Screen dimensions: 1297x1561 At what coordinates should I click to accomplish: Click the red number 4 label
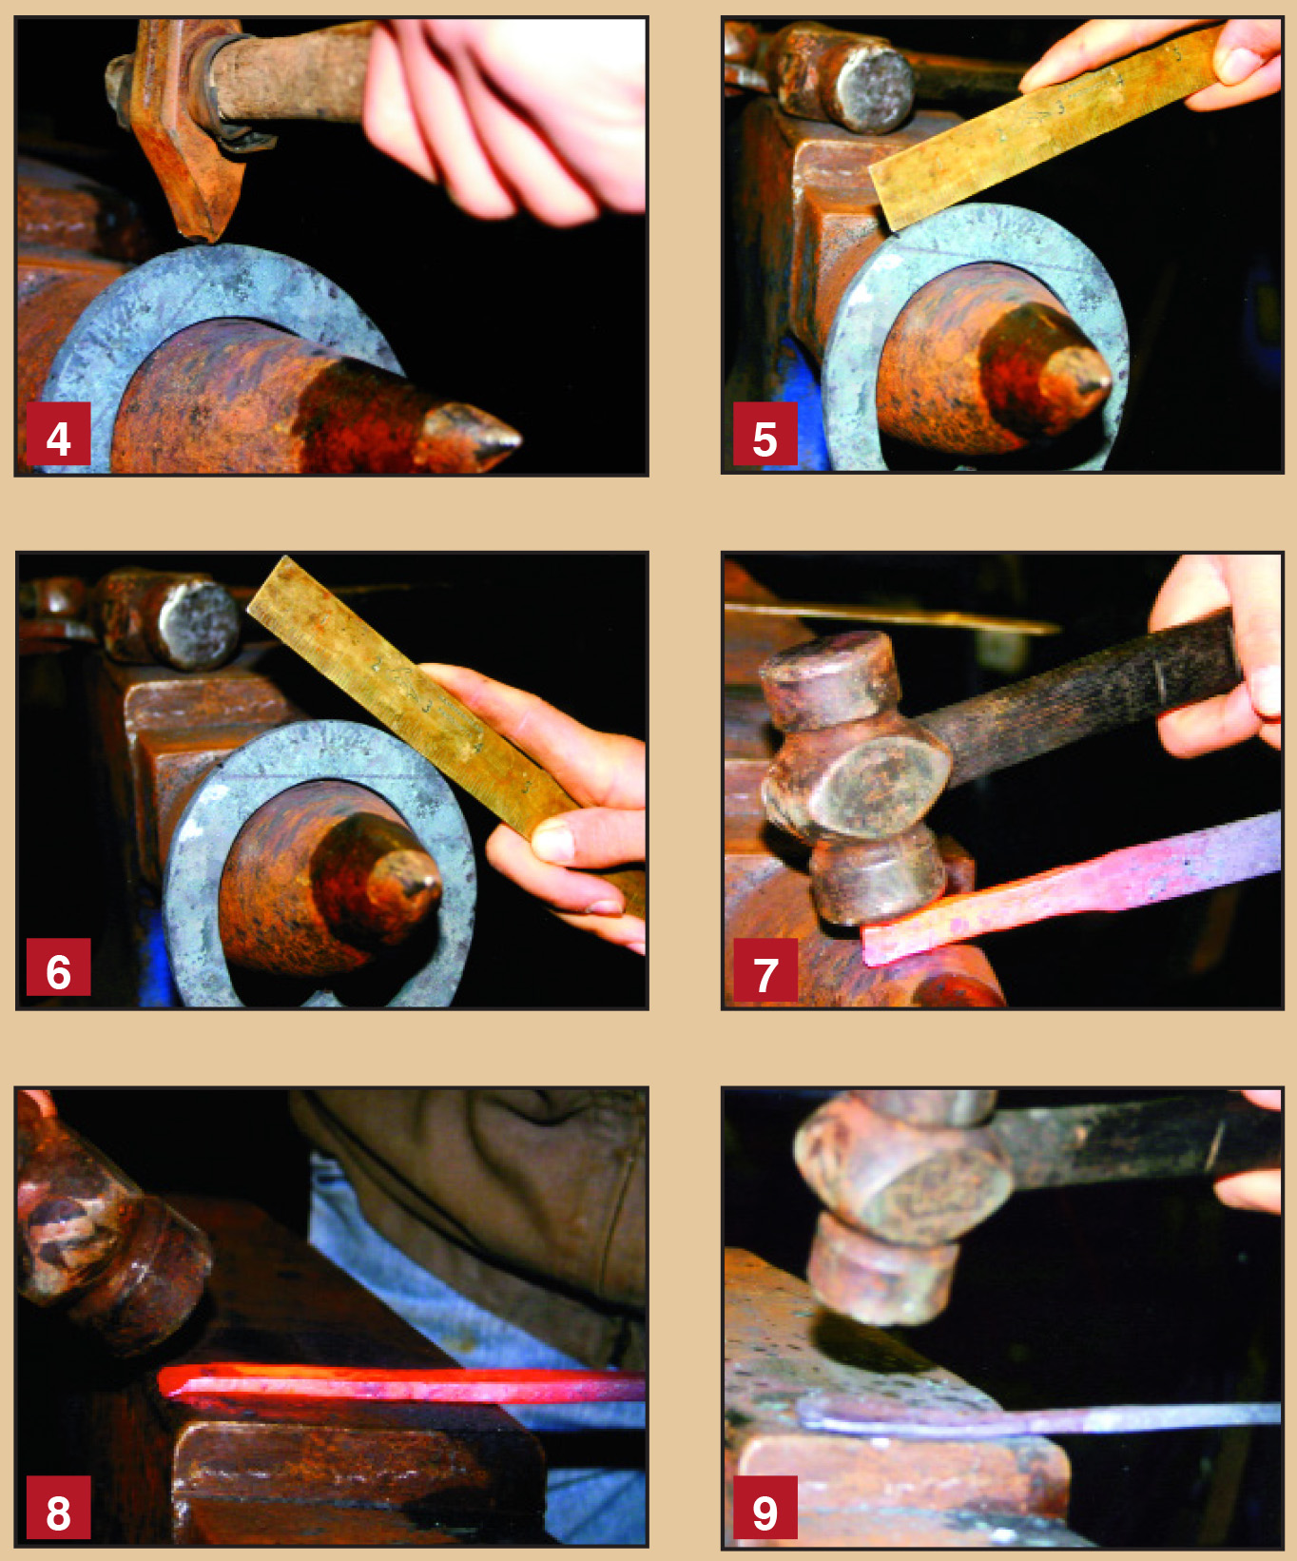click(58, 434)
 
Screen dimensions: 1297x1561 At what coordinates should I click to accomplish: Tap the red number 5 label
click(765, 434)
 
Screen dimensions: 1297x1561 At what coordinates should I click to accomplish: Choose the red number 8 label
click(58, 1506)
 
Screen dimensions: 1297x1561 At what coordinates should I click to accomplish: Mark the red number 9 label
click(765, 1508)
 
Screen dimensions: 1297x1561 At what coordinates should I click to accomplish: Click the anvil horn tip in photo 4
click(518, 439)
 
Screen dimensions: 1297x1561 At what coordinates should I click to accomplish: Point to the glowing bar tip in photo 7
click(867, 947)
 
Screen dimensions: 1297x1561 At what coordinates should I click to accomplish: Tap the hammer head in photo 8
click(105, 1237)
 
